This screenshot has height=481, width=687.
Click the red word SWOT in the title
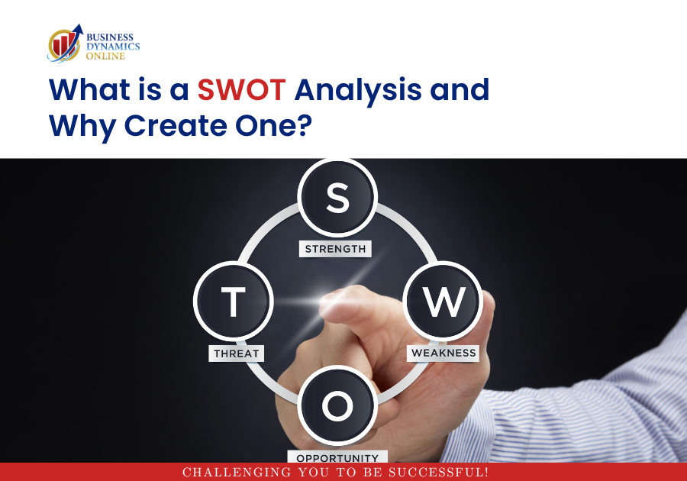pyautogui.click(x=241, y=89)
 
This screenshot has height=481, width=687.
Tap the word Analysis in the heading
pyautogui.click(x=358, y=91)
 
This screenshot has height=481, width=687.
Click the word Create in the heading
pyautogui.click(x=176, y=125)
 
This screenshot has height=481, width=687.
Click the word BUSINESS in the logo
pyautogui.click(x=110, y=37)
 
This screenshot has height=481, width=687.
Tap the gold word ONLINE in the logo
pyautogui.click(x=105, y=56)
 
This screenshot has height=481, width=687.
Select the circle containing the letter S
pyautogui.click(x=337, y=198)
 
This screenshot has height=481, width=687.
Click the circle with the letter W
pyautogui.click(x=443, y=302)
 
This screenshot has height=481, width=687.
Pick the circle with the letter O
pyautogui.click(x=337, y=405)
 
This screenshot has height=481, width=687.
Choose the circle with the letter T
pyautogui.click(x=233, y=302)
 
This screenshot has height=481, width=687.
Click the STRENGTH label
pyautogui.click(x=335, y=249)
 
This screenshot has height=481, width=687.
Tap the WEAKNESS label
pyautogui.click(x=443, y=353)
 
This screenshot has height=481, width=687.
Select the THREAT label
pyautogui.click(x=236, y=353)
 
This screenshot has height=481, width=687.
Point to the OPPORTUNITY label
pyautogui.click(x=337, y=457)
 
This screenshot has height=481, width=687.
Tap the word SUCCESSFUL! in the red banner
pyautogui.click(x=438, y=473)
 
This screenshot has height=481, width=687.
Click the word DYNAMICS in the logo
pyautogui.click(x=113, y=47)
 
